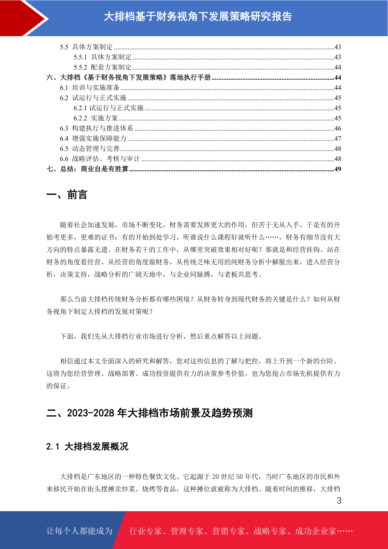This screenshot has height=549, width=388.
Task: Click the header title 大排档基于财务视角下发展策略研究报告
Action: coord(198,17)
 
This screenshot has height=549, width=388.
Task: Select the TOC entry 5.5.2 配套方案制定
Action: coord(103,67)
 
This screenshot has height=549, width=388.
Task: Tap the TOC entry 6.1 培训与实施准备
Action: coord(90,88)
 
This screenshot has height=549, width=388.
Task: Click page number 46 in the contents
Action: coord(338,128)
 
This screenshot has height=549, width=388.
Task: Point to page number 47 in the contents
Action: coord(338,139)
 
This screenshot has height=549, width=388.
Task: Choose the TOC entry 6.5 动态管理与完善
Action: coord(90,149)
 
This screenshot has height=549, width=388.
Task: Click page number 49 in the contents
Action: coord(338,169)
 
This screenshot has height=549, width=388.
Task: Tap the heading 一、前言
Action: coord(67,195)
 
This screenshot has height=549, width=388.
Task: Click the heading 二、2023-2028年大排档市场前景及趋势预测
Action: coord(150,413)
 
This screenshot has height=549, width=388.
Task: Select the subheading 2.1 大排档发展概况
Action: coord(87,446)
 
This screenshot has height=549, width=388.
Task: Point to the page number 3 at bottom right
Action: coord(339,501)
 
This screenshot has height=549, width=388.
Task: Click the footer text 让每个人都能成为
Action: coord(79,531)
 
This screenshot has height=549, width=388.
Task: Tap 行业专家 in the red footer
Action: coord(146,531)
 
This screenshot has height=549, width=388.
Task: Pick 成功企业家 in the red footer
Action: coord(315,531)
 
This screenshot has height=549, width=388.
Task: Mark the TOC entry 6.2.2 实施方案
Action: coord(96,118)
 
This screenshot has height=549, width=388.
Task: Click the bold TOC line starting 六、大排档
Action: coord(129,78)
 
